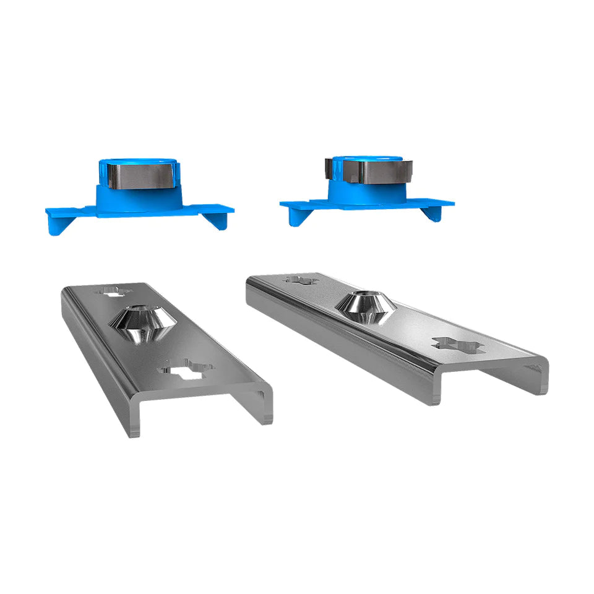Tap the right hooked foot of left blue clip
(x=217, y=220)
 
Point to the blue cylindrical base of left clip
(x=139, y=198)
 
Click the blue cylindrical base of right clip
(x=366, y=191)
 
